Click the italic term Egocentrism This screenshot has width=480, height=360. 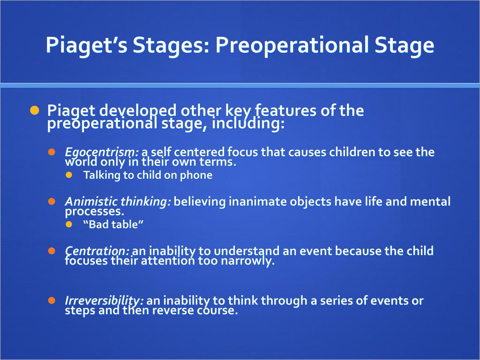(x=102, y=152)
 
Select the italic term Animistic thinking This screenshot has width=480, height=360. (x=118, y=202)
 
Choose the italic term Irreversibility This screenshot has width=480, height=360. (x=104, y=300)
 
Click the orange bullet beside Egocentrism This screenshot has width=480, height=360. (x=52, y=152)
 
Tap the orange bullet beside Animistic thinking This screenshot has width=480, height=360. (x=52, y=202)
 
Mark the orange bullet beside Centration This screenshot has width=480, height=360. (x=52, y=251)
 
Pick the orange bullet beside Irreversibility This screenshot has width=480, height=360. (x=52, y=300)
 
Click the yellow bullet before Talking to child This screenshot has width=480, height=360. (x=69, y=175)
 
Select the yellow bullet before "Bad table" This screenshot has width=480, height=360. (x=69, y=225)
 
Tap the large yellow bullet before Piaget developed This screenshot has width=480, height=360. (x=35, y=110)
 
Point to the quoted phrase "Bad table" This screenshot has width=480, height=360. (x=113, y=225)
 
